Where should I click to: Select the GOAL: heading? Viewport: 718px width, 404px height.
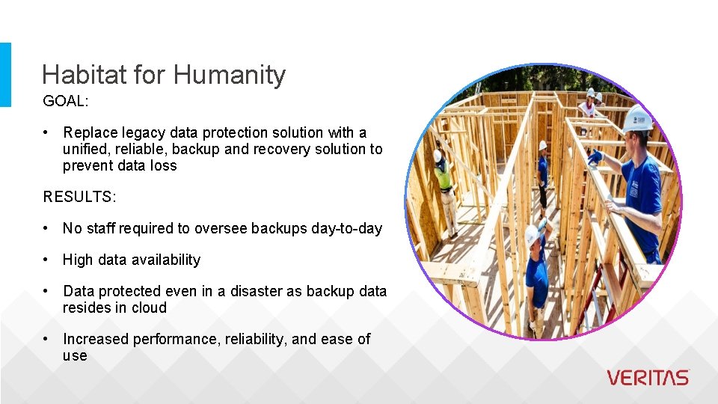pyautogui.click(x=66, y=100)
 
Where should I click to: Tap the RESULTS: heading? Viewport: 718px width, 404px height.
pyautogui.click(x=79, y=197)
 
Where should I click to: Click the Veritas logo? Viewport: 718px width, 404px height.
pyautogui.click(x=648, y=378)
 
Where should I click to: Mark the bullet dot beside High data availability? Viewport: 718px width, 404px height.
pyautogui.click(x=46, y=260)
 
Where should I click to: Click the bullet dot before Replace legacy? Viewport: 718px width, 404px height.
pyautogui.click(x=46, y=132)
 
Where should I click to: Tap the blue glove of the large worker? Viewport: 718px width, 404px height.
pyautogui.click(x=595, y=157)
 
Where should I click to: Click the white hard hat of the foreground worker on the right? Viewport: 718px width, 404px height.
pyautogui.click(x=638, y=117)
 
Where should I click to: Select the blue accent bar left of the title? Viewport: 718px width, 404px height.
pyautogui.click(x=5, y=74)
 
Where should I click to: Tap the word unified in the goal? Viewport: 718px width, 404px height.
pyautogui.click(x=85, y=149)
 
